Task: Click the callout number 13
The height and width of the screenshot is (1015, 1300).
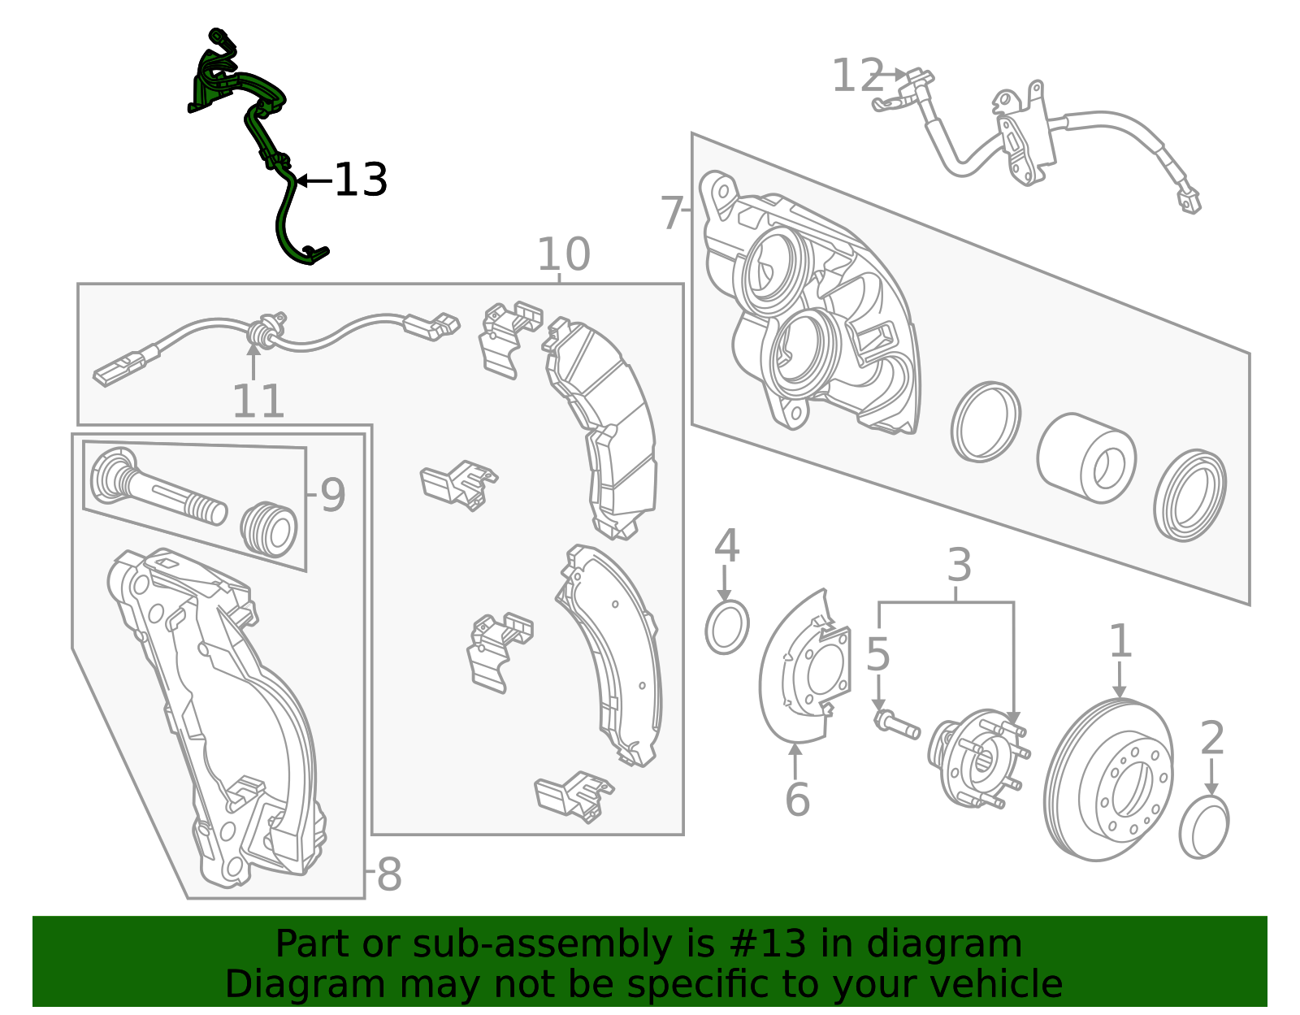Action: [361, 180]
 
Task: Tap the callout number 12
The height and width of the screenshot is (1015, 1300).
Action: [857, 76]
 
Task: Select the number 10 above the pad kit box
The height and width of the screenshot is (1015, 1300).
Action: [563, 255]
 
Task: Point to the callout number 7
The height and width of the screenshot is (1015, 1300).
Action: [672, 213]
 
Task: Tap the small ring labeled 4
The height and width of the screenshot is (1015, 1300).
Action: [726, 627]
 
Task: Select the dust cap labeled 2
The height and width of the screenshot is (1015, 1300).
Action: [1203, 827]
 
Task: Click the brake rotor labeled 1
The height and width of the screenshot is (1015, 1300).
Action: [1109, 780]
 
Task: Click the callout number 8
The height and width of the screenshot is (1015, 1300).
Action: [389, 875]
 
